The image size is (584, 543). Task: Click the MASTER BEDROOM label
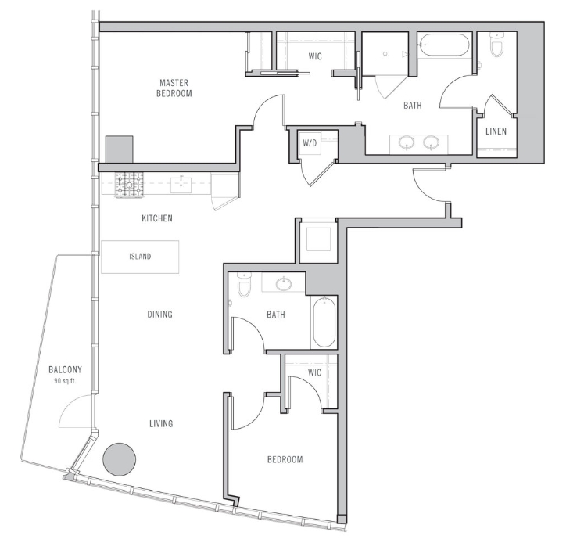click(x=174, y=88)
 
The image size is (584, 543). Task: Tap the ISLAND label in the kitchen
click(x=140, y=257)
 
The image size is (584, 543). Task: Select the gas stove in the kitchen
click(x=129, y=185)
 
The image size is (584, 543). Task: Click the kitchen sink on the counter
click(x=181, y=185)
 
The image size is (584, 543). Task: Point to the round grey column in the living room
click(x=119, y=459)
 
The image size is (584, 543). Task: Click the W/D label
click(x=310, y=142)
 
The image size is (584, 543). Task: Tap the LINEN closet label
click(x=496, y=131)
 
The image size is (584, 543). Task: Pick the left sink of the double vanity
click(x=407, y=142)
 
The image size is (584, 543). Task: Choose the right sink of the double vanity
click(x=431, y=142)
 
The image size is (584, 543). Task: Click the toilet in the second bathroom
click(x=245, y=285)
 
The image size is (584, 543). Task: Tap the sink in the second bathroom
click(x=284, y=284)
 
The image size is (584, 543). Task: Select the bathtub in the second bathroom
click(x=324, y=322)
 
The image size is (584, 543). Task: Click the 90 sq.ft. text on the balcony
click(x=65, y=381)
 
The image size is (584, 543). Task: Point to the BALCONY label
click(x=65, y=370)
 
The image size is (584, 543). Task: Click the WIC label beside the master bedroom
click(x=315, y=56)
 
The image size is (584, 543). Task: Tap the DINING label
click(x=160, y=315)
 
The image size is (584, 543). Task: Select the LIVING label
click(x=161, y=423)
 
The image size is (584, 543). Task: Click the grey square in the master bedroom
click(x=119, y=149)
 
